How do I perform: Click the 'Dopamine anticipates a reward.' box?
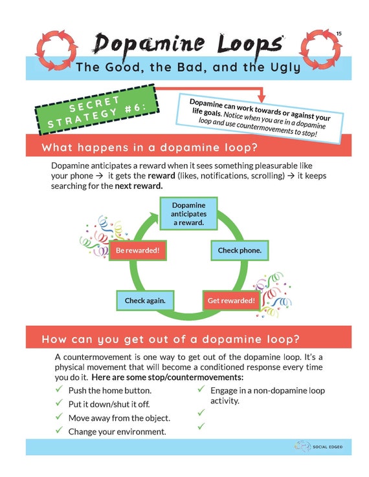point(188,214)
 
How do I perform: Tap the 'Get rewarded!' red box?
point(231,301)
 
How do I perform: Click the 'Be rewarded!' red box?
point(137,250)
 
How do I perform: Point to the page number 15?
point(339,33)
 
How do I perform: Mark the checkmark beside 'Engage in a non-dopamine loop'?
point(201,390)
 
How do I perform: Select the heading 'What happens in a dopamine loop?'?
point(150,147)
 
